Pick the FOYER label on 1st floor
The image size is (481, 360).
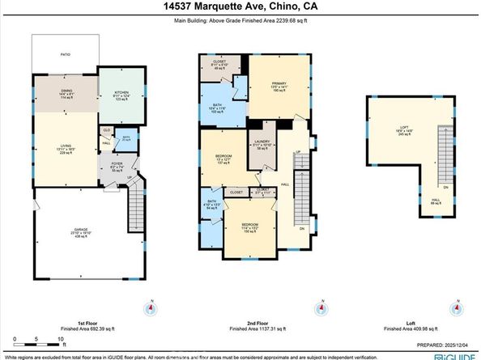(115, 168)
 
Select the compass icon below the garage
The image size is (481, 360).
(149, 307)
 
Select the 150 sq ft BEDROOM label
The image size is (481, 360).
(250, 228)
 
